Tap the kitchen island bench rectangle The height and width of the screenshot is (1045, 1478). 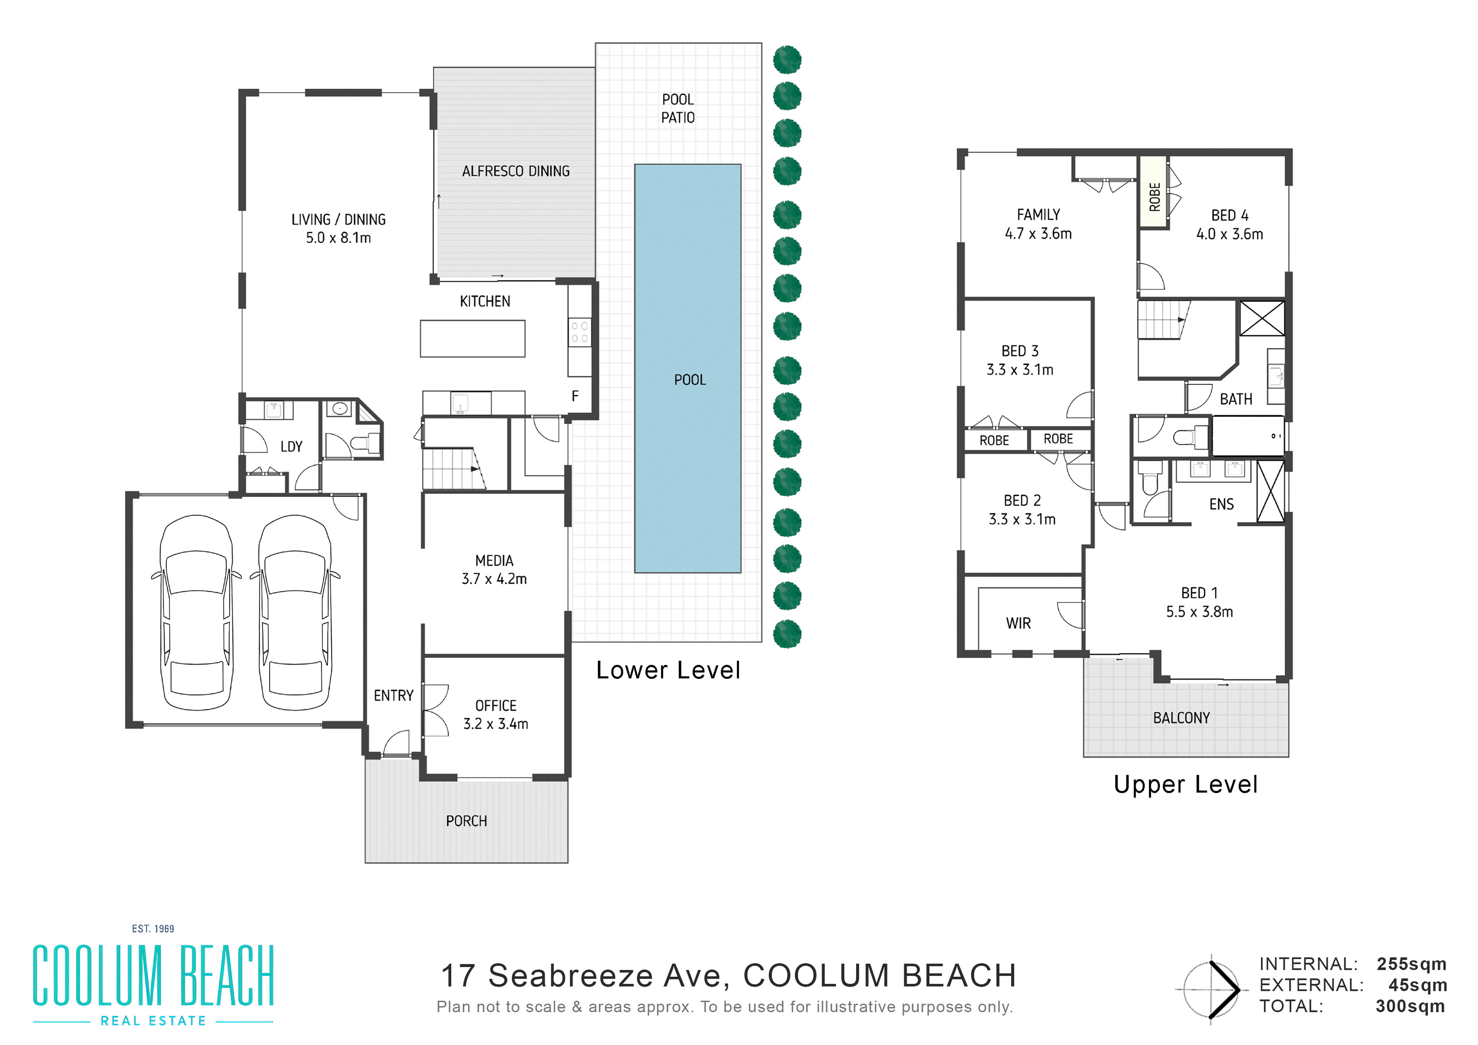pyautogui.click(x=472, y=339)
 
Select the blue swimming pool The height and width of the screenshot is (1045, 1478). pyautogui.click(x=688, y=368)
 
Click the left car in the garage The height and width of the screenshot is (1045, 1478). pyautogui.click(x=196, y=612)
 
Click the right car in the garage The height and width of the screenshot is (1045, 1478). pyautogui.click(x=295, y=612)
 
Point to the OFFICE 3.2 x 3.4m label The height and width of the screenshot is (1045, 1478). pyautogui.click(x=496, y=715)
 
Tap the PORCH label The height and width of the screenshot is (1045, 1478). pyautogui.click(x=467, y=821)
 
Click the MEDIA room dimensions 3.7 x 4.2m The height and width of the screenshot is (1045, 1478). pyautogui.click(x=494, y=579)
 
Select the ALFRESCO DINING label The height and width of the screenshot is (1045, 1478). pyautogui.click(x=516, y=171)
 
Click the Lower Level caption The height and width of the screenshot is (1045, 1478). pyautogui.click(x=668, y=670)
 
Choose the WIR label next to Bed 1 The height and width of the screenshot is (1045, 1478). pyautogui.click(x=1018, y=623)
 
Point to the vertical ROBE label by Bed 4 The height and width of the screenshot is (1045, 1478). pyautogui.click(x=1155, y=197)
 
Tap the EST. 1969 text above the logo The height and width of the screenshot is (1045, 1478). pyautogui.click(x=153, y=929)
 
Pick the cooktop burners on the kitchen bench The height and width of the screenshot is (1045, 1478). pyautogui.click(x=579, y=332)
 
